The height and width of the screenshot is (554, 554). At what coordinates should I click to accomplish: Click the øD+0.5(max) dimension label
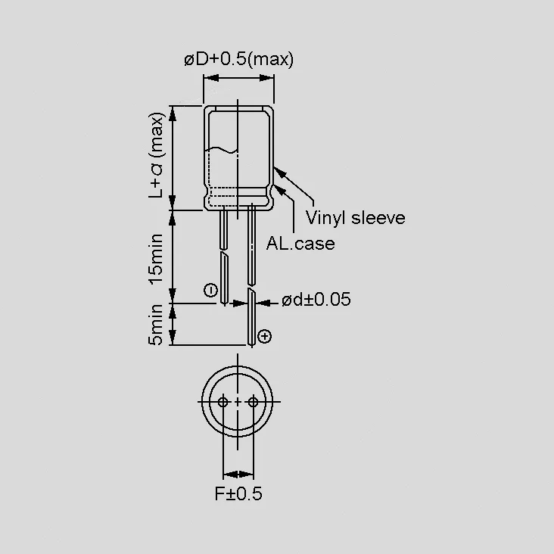[x=239, y=60]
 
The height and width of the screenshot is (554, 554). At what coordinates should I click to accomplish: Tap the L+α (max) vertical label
[x=156, y=155]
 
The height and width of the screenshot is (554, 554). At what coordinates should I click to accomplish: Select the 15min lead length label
[x=156, y=259]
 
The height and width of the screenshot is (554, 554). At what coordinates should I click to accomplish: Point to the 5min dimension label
[x=156, y=325]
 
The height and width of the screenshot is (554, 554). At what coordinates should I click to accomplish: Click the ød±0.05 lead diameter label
[x=316, y=300]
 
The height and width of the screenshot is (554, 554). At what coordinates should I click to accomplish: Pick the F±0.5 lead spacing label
[x=238, y=493]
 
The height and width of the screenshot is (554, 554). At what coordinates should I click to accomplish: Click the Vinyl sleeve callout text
[x=356, y=218]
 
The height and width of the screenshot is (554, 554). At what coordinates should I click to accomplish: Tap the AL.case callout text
[x=300, y=244]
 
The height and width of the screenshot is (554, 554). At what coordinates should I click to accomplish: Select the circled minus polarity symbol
[x=211, y=291]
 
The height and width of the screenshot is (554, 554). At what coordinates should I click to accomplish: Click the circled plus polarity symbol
[x=265, y=336]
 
